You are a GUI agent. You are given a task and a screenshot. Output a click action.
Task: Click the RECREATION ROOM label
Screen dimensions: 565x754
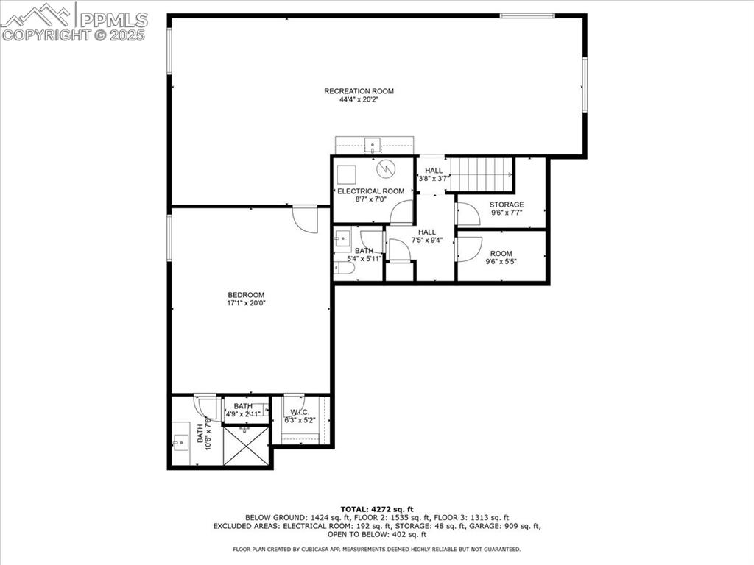[359, 91]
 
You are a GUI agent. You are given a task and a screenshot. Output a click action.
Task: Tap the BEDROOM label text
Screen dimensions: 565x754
[246, 295]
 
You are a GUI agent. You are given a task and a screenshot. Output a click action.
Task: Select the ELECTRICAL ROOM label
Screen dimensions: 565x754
[371, 191]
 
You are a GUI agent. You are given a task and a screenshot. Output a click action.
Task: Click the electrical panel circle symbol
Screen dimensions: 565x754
[386, 169]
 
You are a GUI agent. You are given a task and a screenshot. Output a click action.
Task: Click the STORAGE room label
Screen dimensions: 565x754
[507, 205]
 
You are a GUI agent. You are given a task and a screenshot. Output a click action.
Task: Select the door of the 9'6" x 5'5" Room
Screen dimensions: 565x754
[468, 249]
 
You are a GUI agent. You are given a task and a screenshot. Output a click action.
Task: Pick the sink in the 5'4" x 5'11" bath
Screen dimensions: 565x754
[342, 238]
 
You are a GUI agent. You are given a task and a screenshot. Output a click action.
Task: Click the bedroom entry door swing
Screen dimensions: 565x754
[305, 219]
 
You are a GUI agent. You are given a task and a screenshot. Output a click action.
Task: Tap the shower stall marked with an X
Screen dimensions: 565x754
[246, 446]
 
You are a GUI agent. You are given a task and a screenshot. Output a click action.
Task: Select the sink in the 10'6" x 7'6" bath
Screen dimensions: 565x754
[180, 441]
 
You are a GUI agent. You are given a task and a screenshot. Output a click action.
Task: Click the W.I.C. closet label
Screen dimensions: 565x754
[300, 412]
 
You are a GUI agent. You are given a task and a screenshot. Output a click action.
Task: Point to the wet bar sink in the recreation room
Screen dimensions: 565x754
[373, 144]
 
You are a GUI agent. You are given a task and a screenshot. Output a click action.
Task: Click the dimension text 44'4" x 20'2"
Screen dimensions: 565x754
[359, 100]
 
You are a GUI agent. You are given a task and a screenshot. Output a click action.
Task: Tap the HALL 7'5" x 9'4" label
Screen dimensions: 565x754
[428, 235]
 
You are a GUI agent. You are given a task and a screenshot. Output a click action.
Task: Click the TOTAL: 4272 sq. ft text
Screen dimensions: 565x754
[376, 509]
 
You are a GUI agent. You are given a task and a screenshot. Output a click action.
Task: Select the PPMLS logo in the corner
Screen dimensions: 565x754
[74, 21]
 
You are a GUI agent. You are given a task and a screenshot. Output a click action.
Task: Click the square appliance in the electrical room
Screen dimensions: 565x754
[345, 174]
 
